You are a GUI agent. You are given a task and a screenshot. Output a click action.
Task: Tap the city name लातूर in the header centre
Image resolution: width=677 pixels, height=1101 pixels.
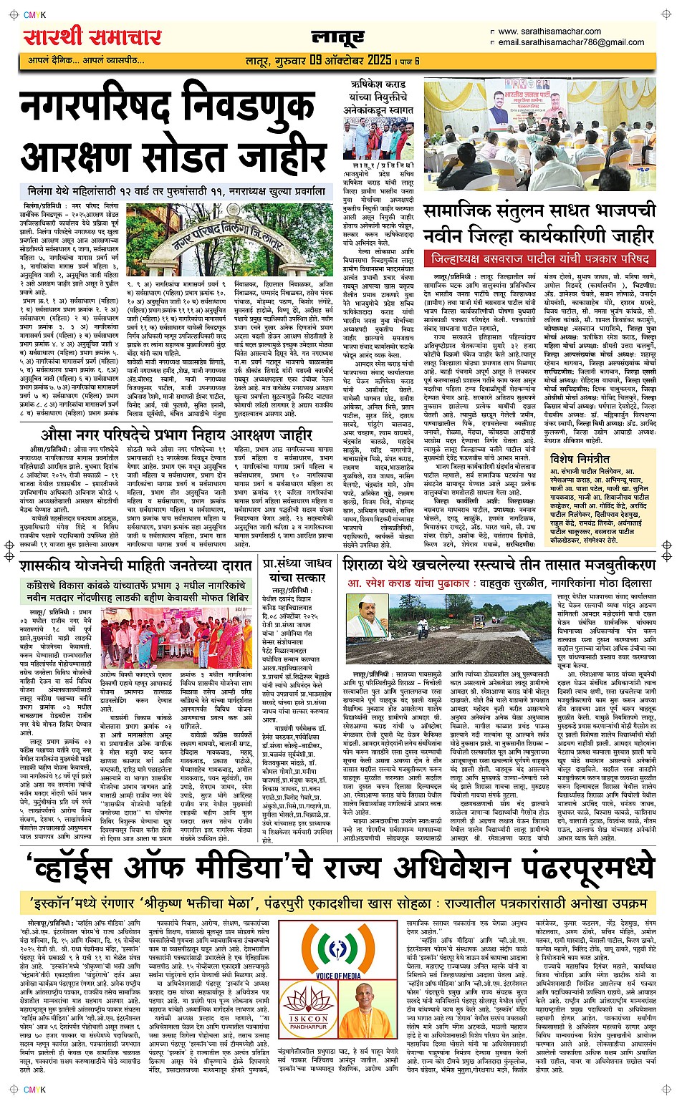coord(338,37)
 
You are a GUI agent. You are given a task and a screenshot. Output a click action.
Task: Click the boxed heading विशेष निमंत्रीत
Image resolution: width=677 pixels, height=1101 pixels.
coord(580,459)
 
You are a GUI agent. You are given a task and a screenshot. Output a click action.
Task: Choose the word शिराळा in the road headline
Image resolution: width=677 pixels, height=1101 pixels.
coord(370,564)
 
